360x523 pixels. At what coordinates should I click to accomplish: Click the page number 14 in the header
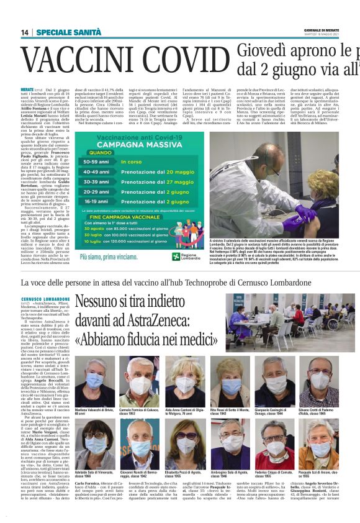(x=25, y=32)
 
